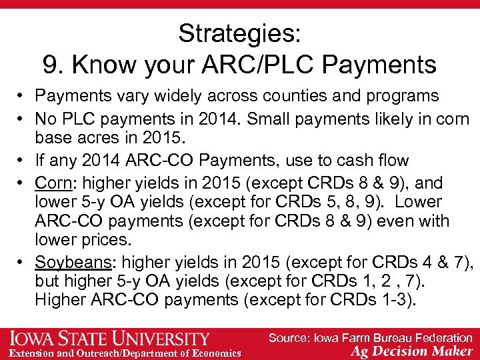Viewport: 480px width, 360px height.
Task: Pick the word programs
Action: pyautogui.click(x=405, y=96)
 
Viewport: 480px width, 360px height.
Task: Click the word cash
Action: pyautogui.click(x=363, y=161)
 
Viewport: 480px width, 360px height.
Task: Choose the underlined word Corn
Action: pyautogui.click(x=52, y=183)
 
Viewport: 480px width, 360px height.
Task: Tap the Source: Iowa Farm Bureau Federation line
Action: pyautogui.click(x=370, y=338)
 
